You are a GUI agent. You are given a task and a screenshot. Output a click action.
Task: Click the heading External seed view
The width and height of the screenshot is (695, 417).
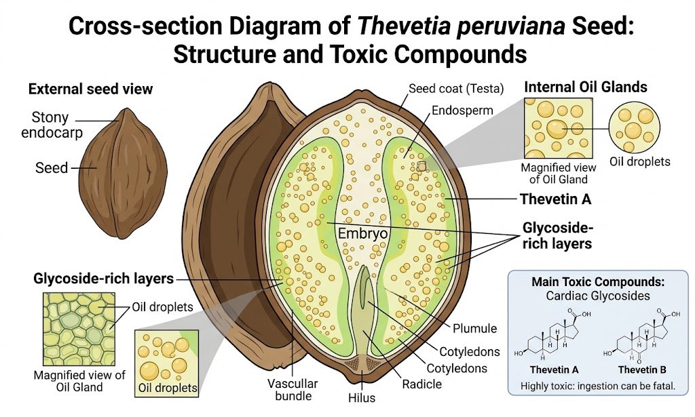pyautogui.click(x=90, y=89)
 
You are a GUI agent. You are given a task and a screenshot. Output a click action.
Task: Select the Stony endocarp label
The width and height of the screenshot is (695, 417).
pyautogui.click(x=52, y=125)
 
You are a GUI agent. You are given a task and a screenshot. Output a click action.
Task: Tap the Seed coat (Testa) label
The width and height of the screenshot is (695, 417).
pyautogui.click(x=456, y=89)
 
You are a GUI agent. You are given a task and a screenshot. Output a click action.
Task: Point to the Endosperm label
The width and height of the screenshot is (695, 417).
pyautogui.click(x=462, y=111)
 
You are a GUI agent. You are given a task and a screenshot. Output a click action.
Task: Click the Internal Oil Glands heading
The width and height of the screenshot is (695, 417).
pyautogui.click(x=586, y=87)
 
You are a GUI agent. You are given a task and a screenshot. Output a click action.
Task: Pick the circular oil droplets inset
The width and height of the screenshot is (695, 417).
pyautogui.click(x=635, y=127)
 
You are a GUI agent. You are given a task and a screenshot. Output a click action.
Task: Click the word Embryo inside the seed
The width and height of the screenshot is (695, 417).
pyautogui.click(x=362, y=233)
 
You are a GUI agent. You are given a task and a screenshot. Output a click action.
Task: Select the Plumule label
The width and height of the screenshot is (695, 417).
pyautogui.click(x=474, y=328)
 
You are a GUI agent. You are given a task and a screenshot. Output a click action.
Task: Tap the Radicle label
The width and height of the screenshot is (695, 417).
pyautogui.click(x=421, y=384)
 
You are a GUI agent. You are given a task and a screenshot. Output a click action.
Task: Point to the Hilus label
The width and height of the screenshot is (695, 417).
pyautogui.click(x=362, y=397)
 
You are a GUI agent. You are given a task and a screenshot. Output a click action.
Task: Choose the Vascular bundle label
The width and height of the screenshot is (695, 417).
pyautogui.click(x=293, y=390)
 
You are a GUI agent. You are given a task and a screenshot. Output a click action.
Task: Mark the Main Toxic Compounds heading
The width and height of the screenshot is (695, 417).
pyautogui.click(x=598, y=281)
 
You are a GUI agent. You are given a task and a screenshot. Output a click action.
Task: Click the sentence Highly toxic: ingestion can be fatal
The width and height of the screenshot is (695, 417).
pyautogui.click(x=598, y=386)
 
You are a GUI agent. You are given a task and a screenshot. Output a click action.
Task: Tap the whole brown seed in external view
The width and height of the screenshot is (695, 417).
pyautogui.click(x=123, y=174)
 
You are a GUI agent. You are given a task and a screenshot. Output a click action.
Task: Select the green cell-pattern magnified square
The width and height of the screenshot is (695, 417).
pyautogui.click(x=79, y=329)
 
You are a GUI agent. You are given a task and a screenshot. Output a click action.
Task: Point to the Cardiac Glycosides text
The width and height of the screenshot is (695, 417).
pyautogui.click(x=598, y=296)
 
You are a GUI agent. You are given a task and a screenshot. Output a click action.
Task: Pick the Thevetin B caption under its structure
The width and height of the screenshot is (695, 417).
pyautogui.click(x=642, y=370)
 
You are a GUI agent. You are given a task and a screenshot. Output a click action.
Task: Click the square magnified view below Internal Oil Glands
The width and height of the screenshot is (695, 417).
pyautogui.click(x=559, y=128)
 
